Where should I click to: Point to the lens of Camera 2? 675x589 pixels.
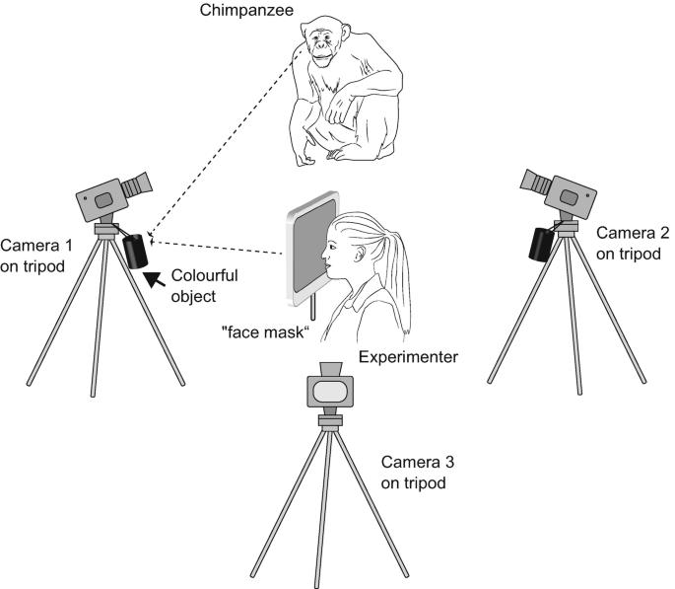(x=536, y=181)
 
